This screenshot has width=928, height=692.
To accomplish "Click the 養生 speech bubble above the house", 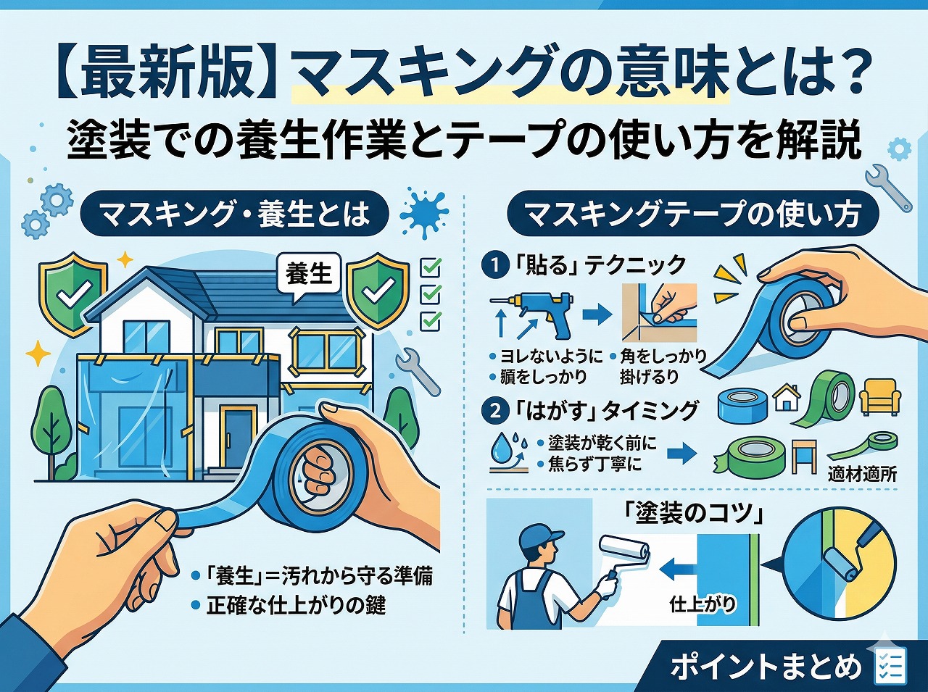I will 308,275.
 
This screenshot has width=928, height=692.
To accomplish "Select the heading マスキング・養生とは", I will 234,214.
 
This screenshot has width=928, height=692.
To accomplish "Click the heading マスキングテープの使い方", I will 692,214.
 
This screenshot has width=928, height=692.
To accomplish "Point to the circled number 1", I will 495,266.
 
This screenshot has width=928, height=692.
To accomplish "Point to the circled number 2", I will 495,411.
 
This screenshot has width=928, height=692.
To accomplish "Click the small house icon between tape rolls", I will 787,398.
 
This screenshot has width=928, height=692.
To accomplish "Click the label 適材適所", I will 862,475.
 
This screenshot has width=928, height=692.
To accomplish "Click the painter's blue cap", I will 540,537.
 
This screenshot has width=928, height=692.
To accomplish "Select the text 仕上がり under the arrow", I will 703,603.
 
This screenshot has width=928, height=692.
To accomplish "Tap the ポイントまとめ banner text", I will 766,667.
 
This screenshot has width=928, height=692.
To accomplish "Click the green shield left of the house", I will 74,293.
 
